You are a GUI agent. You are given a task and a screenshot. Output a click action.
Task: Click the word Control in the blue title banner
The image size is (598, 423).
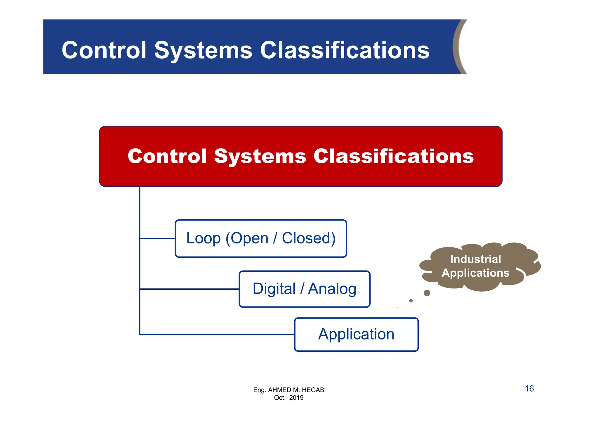[x=104, y=50]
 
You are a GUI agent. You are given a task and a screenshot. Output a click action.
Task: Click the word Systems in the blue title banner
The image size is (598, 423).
[x=203, y=50]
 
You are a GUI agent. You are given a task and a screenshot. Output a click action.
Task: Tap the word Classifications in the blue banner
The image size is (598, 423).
[x=345, y=50]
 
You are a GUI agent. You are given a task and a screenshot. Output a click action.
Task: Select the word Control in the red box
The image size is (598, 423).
[x=167, y=156]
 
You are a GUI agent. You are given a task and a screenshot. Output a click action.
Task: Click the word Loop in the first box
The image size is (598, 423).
[x=203, y=238]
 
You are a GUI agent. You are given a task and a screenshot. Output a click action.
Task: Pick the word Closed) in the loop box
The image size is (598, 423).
[x=309, y=238]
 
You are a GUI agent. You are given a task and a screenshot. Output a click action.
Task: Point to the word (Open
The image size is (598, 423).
[x=247, y=238]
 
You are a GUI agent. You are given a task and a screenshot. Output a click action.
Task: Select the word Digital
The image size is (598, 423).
[x=274, y=289]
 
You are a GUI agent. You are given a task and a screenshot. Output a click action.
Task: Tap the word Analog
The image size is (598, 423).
[x=332, y=289]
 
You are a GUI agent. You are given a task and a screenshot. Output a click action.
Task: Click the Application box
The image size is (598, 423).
[x=356, y=334]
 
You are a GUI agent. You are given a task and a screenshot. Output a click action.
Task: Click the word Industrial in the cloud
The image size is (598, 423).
[x=475, y=259]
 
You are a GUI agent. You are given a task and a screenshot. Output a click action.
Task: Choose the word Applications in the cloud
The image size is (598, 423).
[x=475, y=273]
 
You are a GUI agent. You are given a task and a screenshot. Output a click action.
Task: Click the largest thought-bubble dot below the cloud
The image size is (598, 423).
[x=427, y=293]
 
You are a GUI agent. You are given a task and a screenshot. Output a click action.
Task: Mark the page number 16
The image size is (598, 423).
[x=529, y=389]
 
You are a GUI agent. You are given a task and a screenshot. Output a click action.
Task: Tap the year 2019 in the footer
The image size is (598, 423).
[x=296, y=398]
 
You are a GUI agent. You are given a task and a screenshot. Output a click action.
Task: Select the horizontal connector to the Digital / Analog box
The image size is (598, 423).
[x=189, y=289]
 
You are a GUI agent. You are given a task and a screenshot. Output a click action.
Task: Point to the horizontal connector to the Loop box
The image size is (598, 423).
[x=157, y=238]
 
